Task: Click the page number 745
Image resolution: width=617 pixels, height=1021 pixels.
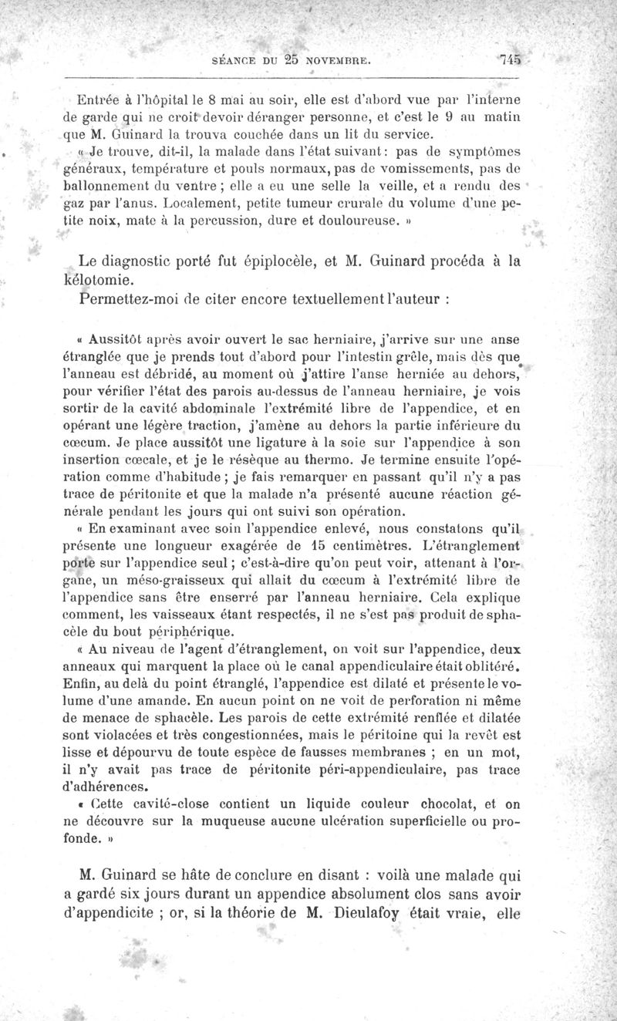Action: [510, 58]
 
